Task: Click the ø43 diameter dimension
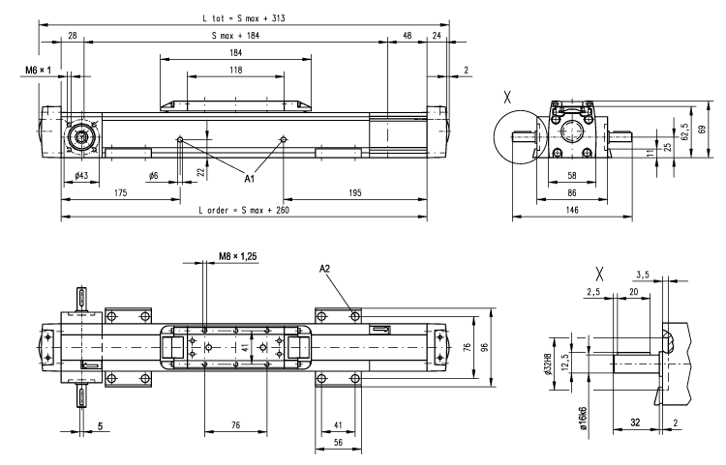81,175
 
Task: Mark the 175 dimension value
120,193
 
